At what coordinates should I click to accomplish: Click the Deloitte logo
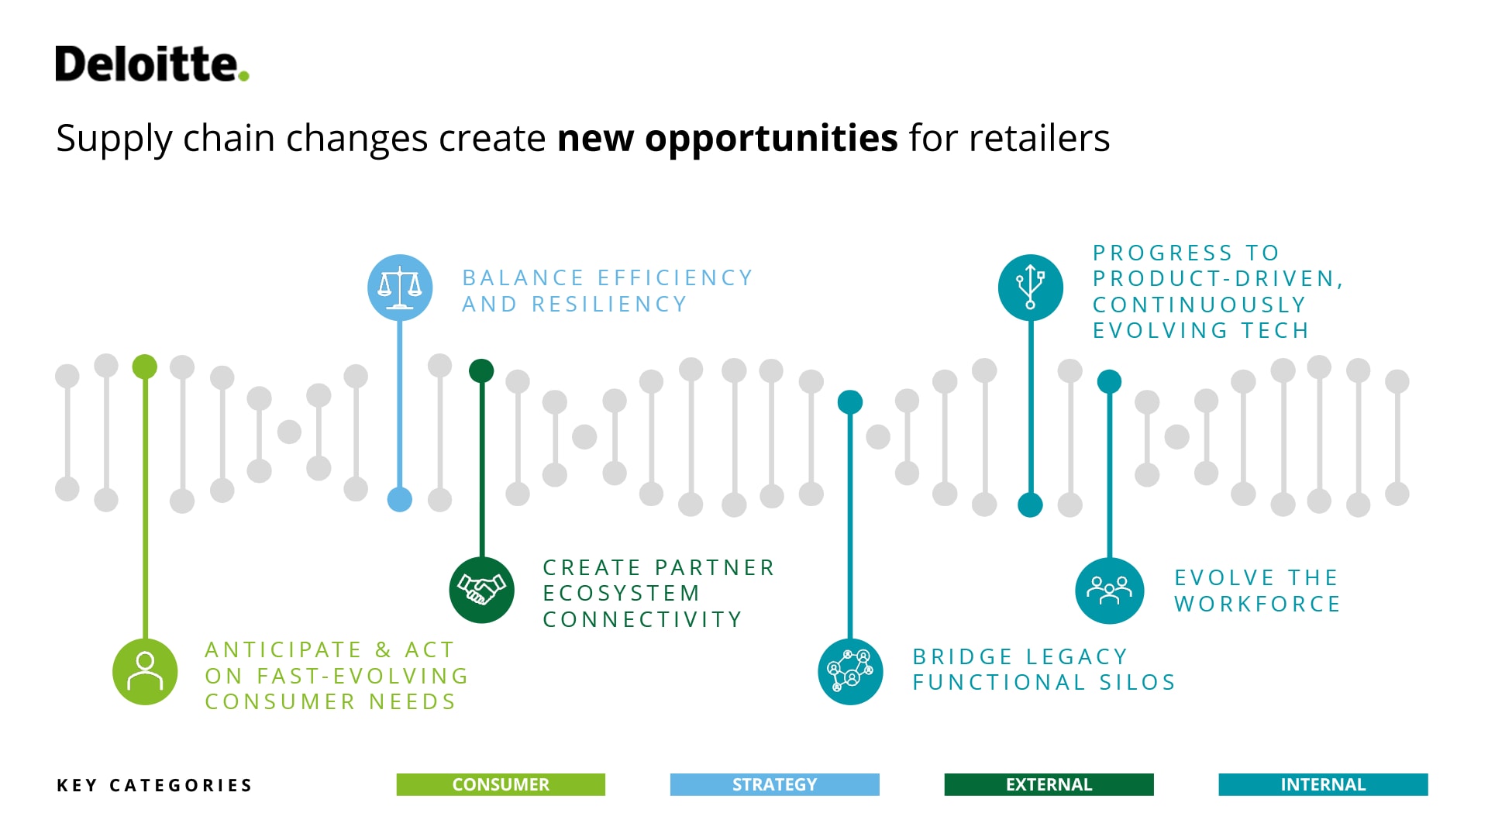pyautogui.click(x=152, y=64)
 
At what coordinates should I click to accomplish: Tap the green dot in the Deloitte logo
pyautogui.click(x=243, y=76)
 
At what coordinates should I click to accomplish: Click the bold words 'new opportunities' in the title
pyautogui.click(x=727, y=138)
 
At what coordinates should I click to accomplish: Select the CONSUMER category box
pyautogui.click(x=501, y=784)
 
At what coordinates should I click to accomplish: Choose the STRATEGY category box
pyautogui.click(x=775, y=784)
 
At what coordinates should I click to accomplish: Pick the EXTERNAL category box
pyautogui.click(x=1049, y=784)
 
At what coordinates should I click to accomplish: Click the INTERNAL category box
pyautogui.click(x=1323, y=784)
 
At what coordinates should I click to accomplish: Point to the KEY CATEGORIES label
pyautogui.click(x=155, y=785)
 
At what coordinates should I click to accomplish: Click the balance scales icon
pyautogui.click(x=400, y=288)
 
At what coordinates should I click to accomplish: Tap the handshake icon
pyautogui.click(x=482, y=590)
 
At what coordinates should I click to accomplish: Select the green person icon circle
pyautogui.click(x=145, y=671)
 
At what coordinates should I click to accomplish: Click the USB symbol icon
pyautogui.click(x=1031, y=288)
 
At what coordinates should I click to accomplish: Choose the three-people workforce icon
pyautogui.click(x=1110, y=591)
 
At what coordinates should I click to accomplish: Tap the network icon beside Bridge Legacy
pyautogui.click(x=850, y=671)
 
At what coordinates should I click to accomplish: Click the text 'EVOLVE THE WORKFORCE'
pyautogui.click(x=1257, y=591)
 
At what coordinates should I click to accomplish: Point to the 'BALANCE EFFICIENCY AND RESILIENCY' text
pyautogui.click(x=608, y=291)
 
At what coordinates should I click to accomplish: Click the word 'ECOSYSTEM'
pyautogui.click(x=622, y=593)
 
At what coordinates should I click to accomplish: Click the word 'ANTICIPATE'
pyautogui.click(x=284, y=649)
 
